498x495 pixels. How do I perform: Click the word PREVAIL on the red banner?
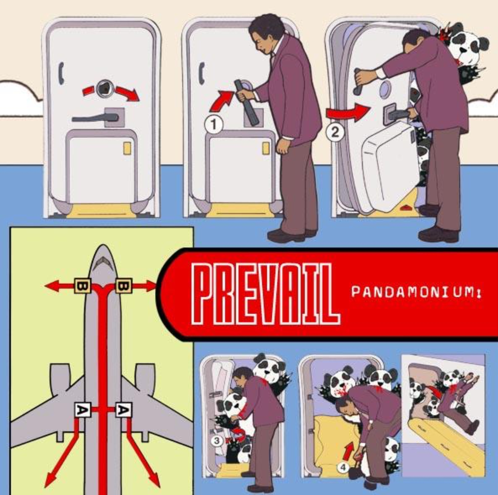pyautogui.click(x=266, y=294)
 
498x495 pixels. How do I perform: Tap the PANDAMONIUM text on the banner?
pyautogui.click(x=416, y=292)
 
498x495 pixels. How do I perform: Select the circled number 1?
pyautogui.click(x=214, y=125)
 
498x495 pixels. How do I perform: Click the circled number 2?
pyautogui.click(x=335, y=132)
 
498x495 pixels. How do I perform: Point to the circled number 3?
pyautogui.click(x=217, y=441)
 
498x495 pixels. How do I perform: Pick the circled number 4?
pyautogui.click(x=343, y=468)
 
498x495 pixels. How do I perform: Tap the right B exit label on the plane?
pyautogui.click(x=123, y=286)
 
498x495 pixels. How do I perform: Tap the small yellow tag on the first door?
pyautogui.click(x=127, y=148)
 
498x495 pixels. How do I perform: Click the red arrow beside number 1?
pyautogui.click(x=222, y=101)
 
